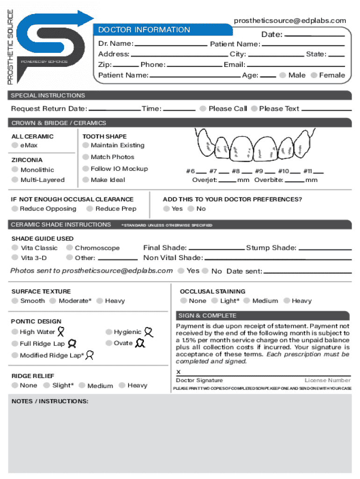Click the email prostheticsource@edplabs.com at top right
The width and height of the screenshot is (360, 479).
(x=290, y=20)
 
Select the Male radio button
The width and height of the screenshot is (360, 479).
(x=283, y=75)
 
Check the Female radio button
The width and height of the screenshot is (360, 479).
(x=314, y=75)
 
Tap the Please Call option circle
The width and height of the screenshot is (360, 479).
(x=203, y=109)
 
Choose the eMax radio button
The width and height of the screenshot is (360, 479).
(x=15, y=145)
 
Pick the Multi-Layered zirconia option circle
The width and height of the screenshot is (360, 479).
(x=15, y=180)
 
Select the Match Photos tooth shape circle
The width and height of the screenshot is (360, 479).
(x=86, y=157)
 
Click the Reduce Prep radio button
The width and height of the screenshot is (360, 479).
(x=90, y=209)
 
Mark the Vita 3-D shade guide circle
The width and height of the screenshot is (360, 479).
(x=15, y=258)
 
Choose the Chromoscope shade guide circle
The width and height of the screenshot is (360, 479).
(x=69, y=248)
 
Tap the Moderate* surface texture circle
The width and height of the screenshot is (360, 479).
(x=53, y=301)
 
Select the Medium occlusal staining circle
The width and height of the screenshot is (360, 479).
(x=247, y=301)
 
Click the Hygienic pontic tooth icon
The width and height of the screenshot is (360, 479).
(x=149, y=332)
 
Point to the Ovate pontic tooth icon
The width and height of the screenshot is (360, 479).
(x=140, y=343)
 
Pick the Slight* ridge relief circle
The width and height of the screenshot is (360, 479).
(x=47, y=385)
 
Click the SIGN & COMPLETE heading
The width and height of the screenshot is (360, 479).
(x=207, y=316)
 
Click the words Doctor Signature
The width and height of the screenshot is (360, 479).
(x=199, y=381)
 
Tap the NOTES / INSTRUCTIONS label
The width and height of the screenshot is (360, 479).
(x=50, y=402)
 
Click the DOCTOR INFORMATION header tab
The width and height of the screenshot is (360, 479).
(x=144, y=30)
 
